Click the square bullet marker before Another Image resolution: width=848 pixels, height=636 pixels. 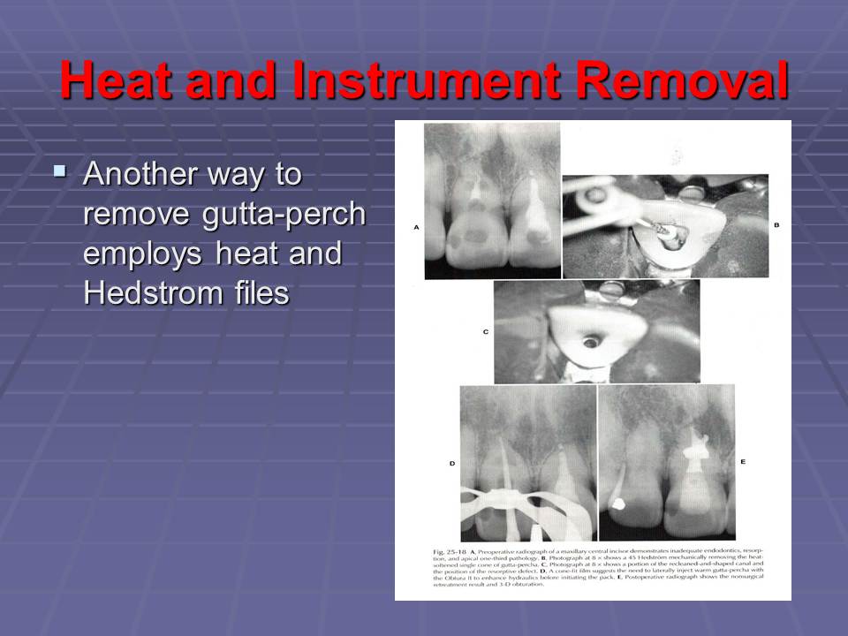tap(59, 168)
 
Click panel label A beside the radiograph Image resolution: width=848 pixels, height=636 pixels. tap(415, 228)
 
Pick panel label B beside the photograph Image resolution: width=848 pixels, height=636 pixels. tap(776, 226)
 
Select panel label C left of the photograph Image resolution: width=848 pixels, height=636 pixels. tap(485, 332)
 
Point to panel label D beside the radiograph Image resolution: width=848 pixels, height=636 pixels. tap(450, 462)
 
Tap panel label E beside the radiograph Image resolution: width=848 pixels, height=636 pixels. tap(743, 462)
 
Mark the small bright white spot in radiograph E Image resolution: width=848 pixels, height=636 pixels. tap(619, 504)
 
